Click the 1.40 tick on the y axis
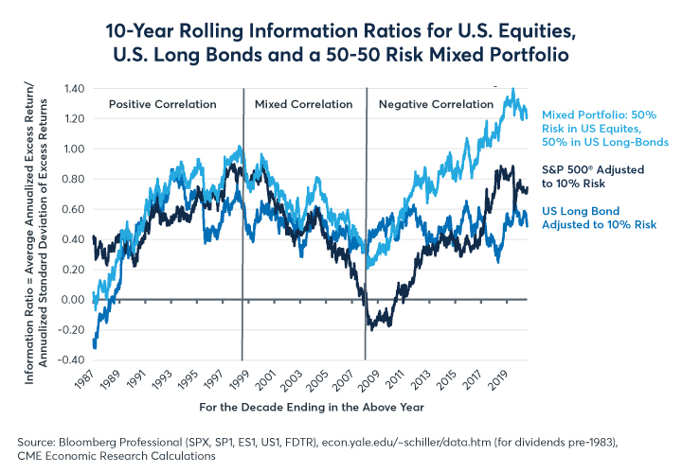point(74,88)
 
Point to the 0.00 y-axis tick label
point(74,300)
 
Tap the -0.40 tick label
point(72,360)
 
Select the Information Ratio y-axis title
point(38,224)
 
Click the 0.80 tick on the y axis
point(74,179)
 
